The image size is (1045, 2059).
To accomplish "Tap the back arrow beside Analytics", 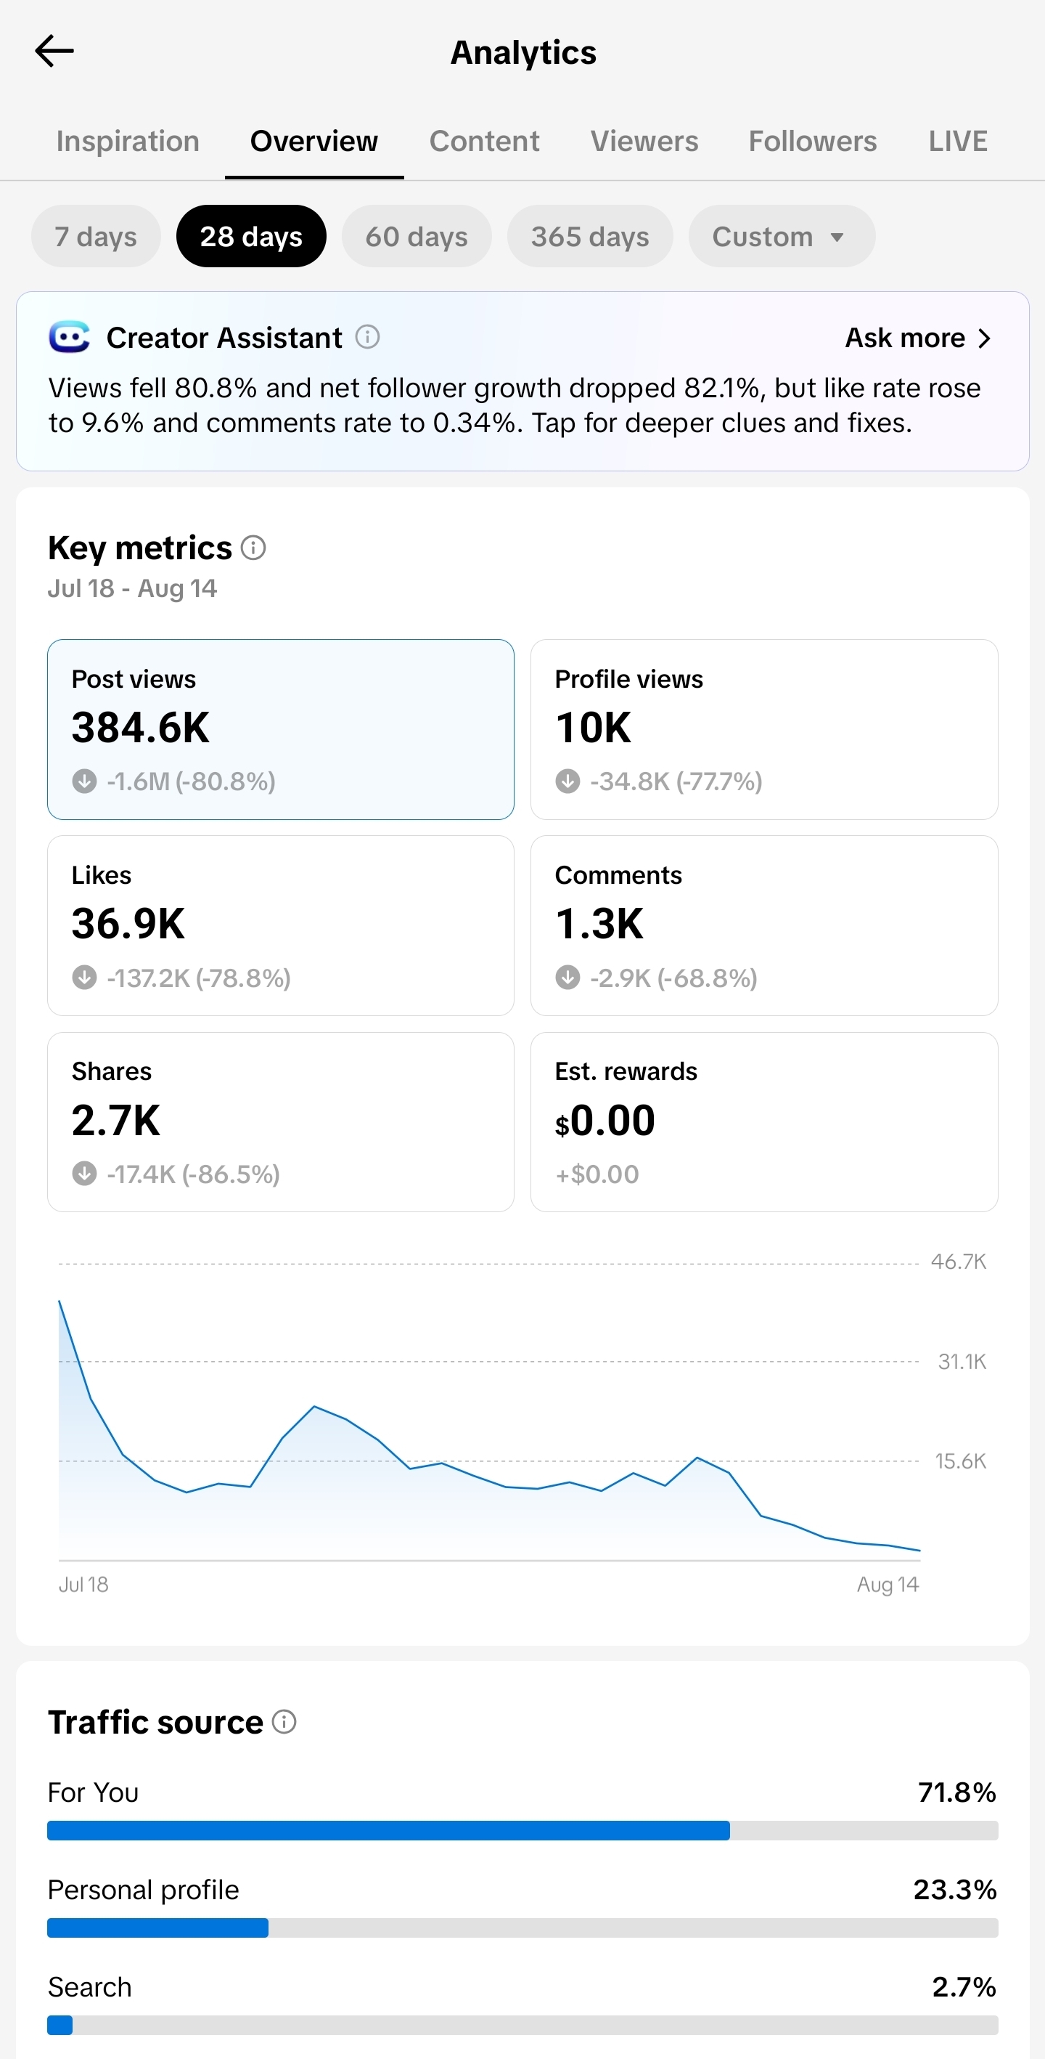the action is [x=54, y=51].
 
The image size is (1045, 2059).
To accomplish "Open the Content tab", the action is [x=484, y=141].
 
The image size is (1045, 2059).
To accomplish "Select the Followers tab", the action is [x=813, y=141].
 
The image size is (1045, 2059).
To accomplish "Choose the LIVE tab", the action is [x=958, y=141].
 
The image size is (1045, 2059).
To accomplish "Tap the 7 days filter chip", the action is [x=96, y=237].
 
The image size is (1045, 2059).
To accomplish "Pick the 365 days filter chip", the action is [x=589, y=237].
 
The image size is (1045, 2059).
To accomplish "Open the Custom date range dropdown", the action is [x=782, y=237].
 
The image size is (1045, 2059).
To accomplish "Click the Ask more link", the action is [x=918, y=338].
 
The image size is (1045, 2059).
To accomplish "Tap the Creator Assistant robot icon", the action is [x=70, y=337].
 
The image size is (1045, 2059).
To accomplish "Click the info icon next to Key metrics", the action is [x=253, y=548].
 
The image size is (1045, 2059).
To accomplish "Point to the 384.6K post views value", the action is [x=141, y=727].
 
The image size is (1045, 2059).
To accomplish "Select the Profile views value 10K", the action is [x=593, y=727].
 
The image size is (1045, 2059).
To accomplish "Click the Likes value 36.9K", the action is [x=128, y=924].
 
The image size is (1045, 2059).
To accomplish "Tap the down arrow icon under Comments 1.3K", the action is [x=567, y=978].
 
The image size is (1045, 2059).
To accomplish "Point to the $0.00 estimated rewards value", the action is [x=605, y=1121].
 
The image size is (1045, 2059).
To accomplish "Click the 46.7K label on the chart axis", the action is [x=959, y=1262].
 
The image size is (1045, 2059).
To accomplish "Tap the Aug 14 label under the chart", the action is [x=888, y=1584].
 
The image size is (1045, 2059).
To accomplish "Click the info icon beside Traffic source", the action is [x=284, y=1722].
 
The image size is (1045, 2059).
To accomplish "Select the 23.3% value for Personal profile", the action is [x=955, y=1890].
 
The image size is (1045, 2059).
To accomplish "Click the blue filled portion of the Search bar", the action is [x=60, y=2025].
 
